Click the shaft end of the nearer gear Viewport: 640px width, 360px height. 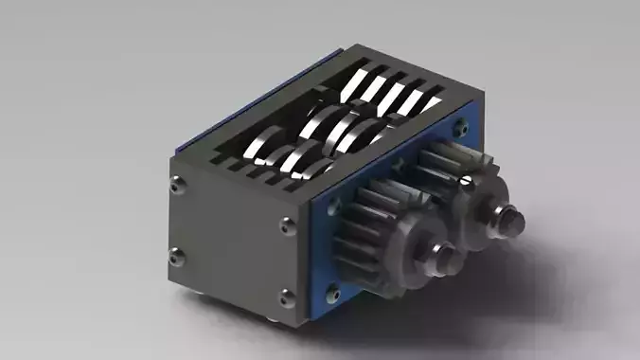pos(445,256)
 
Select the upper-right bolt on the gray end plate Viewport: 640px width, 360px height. pos(287,225)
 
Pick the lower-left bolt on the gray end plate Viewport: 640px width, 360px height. pos(174,254)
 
